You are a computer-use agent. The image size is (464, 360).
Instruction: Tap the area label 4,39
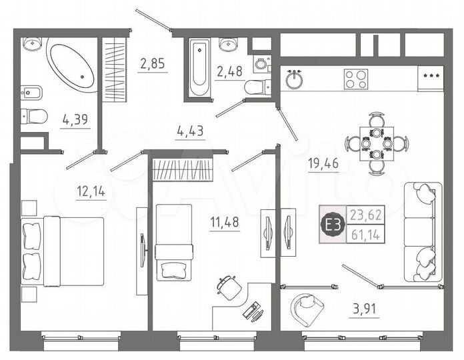point(74,119)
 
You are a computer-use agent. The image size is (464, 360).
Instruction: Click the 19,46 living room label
point(323,162)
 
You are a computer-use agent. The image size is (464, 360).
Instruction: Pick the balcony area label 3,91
point(364,309)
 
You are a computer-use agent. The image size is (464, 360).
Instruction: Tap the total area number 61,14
point(364,234)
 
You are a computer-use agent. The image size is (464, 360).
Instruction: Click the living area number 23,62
point(364,215)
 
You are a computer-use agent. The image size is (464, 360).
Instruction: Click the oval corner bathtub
point(71,67)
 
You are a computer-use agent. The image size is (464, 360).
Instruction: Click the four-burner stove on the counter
point(356,79)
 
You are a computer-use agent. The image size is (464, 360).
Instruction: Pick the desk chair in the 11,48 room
point(229,286)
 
